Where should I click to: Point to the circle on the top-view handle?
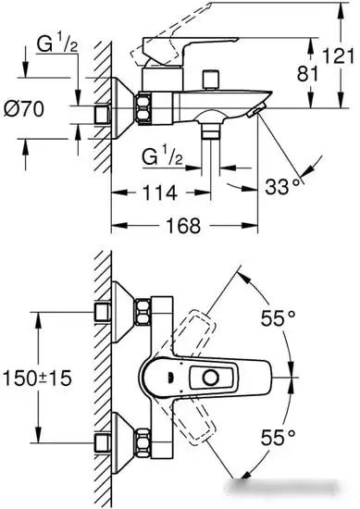click(215, 378)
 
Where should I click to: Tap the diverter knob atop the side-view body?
click(211, 76)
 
